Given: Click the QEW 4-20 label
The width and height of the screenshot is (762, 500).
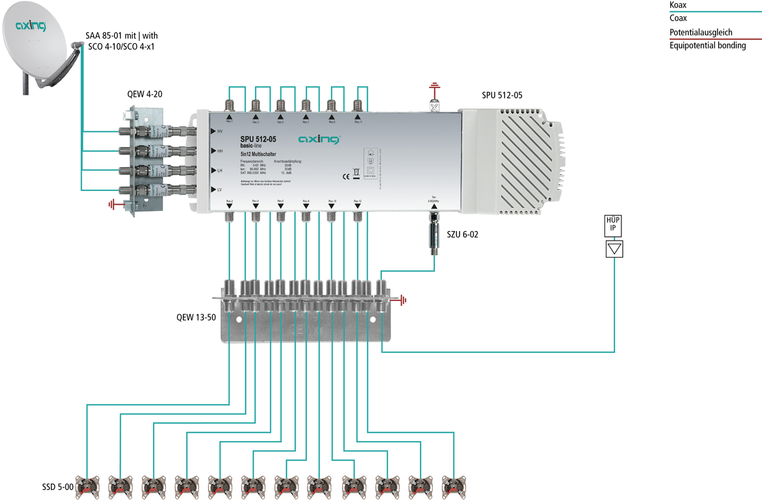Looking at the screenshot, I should point(146,95).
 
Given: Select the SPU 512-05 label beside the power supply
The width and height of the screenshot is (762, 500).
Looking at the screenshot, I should point(502,95).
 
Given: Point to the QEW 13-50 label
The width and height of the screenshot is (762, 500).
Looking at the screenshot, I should point(196,317).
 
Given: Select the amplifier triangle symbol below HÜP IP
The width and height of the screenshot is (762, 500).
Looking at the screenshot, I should point(614,249).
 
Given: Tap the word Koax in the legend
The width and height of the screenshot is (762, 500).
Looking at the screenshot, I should point(678,4).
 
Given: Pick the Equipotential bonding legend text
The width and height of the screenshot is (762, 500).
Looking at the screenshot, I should point(707,45).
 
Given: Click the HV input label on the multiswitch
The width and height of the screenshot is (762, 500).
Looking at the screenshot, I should point(220,131).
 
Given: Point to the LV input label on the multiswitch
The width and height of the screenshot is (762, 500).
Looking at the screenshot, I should point(220,189).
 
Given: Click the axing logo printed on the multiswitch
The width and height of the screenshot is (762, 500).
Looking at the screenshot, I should point(318,139).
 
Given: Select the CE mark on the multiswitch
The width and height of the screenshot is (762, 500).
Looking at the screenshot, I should point(344,176).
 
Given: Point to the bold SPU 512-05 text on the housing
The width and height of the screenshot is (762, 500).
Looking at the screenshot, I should point(258,139).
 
